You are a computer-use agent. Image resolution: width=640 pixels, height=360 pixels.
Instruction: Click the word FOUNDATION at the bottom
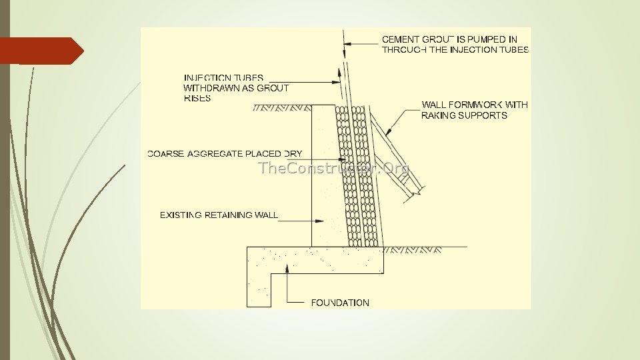340,303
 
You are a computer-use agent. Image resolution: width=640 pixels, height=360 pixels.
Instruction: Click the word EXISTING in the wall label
179,215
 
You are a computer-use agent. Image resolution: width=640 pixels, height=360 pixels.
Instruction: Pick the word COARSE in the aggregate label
167,154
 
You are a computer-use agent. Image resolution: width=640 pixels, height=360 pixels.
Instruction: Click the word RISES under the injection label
197,98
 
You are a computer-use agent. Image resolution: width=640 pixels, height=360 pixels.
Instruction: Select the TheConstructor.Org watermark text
333,168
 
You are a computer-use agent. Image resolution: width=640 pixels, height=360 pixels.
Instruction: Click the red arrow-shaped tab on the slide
41,51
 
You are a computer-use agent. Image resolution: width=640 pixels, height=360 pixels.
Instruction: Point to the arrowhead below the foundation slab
287,267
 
